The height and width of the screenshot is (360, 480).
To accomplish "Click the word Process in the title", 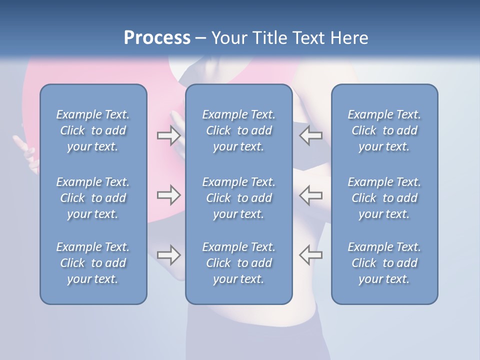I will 157,38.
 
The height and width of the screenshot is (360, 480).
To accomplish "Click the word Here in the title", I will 349,38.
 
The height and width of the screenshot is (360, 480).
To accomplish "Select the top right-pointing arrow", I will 168,135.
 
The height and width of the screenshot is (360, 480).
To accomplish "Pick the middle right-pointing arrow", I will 168,195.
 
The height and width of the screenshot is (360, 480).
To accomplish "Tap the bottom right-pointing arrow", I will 168,255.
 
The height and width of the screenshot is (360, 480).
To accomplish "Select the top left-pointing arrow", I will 310,135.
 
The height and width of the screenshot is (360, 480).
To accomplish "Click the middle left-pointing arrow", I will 310,195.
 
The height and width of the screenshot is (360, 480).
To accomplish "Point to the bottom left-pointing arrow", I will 310,255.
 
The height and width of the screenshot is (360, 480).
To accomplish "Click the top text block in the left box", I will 93,130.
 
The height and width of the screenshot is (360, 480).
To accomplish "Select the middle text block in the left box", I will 93,198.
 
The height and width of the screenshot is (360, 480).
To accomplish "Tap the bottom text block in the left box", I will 93,263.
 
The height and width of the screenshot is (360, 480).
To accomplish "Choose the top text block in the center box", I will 238,130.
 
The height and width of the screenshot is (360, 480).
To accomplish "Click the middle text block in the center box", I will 238,198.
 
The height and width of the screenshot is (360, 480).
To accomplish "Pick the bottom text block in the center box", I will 238,263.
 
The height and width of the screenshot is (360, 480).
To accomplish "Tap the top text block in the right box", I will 384,130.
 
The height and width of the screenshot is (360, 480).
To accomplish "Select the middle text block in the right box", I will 384,198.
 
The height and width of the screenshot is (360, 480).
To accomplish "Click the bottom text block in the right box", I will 384,263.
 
